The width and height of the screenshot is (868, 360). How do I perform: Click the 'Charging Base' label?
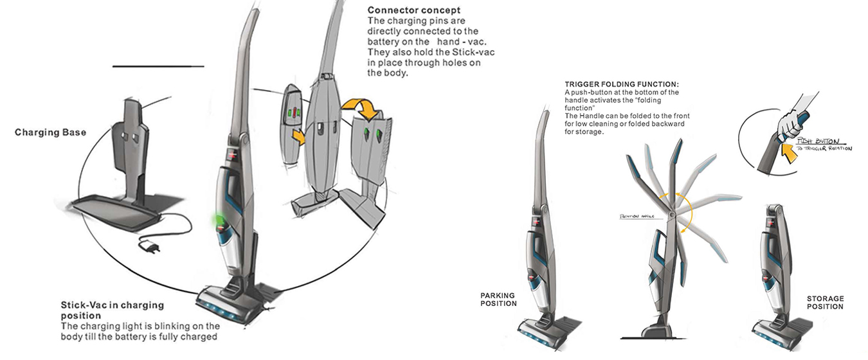point(50,133)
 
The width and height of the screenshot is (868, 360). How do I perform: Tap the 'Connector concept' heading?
point(414,10)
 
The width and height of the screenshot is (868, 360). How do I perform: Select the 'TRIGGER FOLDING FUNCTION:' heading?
point(622,85)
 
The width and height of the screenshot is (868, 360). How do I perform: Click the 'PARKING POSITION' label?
point(498,300)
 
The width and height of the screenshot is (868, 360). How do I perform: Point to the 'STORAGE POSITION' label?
point(825,303)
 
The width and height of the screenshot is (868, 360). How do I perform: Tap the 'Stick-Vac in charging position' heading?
point(113,310)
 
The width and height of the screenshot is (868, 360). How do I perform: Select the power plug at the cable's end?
point(150,247)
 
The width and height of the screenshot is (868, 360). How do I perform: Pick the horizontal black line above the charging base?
point(158,66)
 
